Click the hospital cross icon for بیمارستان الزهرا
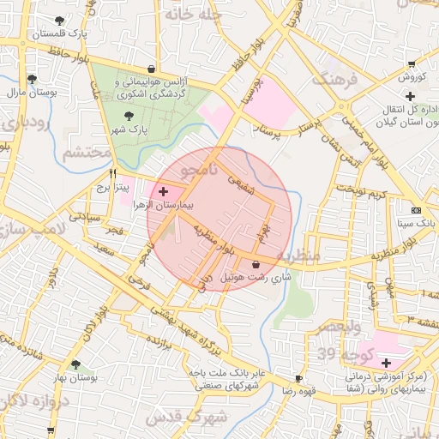pyautogui.click(x=164, y=189)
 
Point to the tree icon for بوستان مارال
pyautogui.click(x=32, y=79)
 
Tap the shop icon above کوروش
pyautogui.click(x=412, y=64)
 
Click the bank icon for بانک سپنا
pyautogui.click(x=416, y=210)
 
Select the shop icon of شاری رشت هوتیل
pyautogui.click(x=257, y=264)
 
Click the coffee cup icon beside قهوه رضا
pyautogui.click(x=298, y=378)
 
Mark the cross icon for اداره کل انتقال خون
pyautogui.click(x=342, y=107)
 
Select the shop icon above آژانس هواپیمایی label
pyautogui.click(x=152, y=69)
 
